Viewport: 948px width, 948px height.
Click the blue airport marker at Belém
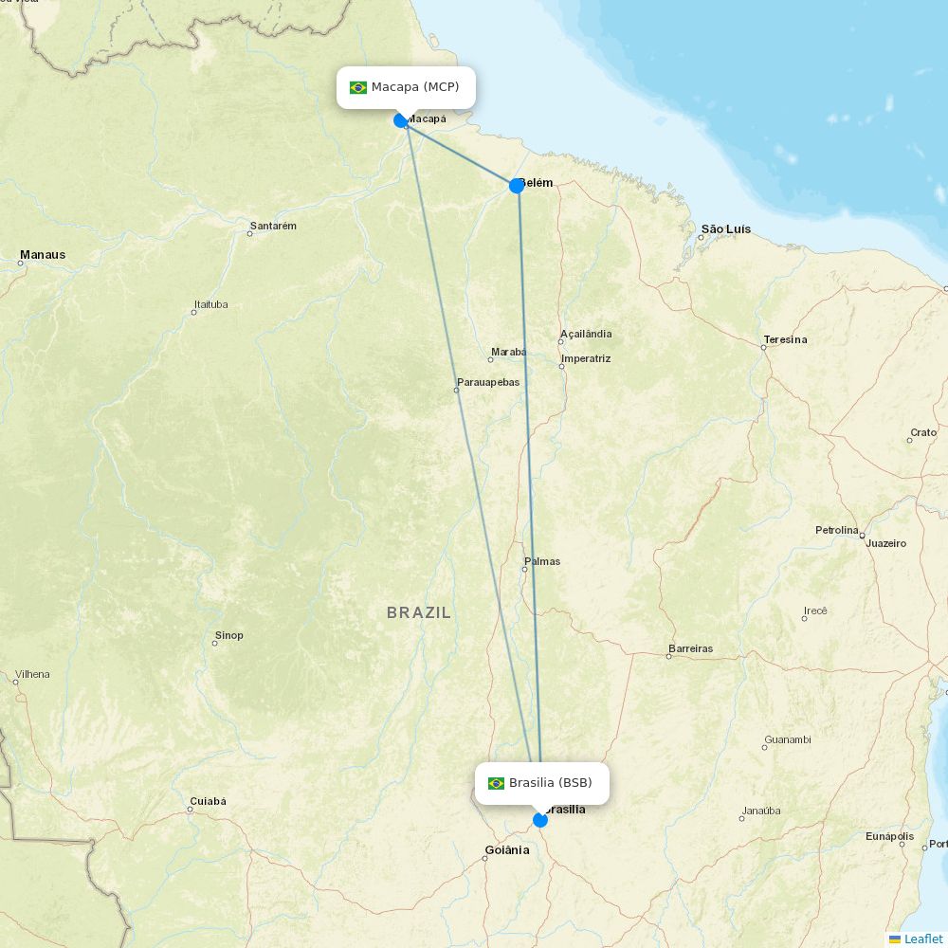pos(517,186)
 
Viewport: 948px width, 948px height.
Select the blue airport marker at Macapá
pos(401,120)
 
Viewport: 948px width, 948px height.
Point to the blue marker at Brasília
pos(540,820)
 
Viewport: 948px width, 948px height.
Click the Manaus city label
pos(43,255)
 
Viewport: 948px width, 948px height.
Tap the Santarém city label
pos(273,227)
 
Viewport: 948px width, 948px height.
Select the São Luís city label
pos(726,229)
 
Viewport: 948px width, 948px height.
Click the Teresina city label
pos(786,339)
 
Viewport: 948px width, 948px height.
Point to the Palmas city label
pos(542,561)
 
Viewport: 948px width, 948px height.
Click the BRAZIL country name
pos(419,613)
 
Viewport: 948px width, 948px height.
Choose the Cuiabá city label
pos(208,802)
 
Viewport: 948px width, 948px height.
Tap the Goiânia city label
pos(507,850)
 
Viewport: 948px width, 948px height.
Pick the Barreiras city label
pos(690,649)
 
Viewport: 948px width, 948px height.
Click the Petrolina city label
pos(837,530)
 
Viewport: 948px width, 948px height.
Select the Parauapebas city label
pos(488,382)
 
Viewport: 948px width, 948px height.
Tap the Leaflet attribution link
pos(923,939)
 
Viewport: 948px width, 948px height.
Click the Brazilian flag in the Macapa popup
pos(358,87)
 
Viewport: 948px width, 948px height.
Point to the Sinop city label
pos(229,635)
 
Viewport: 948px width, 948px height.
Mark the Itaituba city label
pos(210,305)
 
